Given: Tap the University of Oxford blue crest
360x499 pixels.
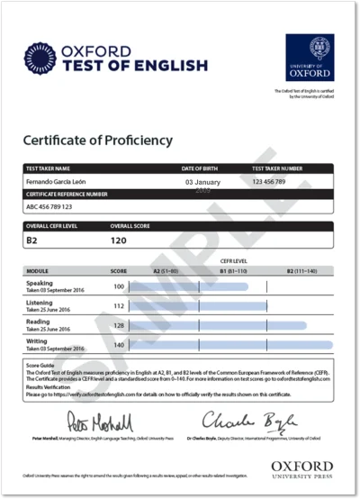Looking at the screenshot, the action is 310,58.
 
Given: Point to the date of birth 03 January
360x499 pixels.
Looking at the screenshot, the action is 202,182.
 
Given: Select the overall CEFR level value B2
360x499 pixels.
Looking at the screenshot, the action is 31,241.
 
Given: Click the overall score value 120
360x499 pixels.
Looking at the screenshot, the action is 118,241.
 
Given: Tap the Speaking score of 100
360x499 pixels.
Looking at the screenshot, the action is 118,286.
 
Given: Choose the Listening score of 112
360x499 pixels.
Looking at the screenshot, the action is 118,305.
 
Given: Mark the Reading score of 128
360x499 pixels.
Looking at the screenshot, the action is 118,325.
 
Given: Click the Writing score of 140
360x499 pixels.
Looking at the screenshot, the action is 118,344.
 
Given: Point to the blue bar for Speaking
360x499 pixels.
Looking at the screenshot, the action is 189,286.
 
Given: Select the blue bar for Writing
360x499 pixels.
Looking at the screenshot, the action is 230,344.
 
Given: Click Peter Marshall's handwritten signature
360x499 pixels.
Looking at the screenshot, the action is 100,421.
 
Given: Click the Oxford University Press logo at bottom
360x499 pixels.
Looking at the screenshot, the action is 301,469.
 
